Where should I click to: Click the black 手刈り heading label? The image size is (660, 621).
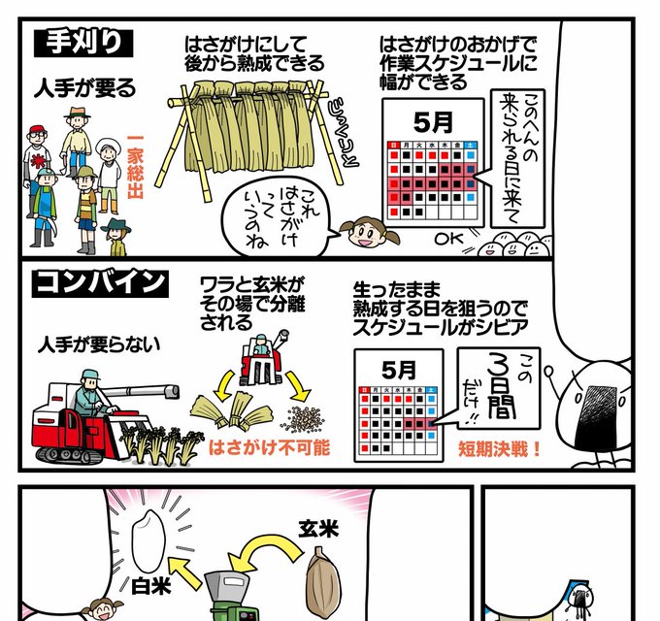pyautogui.click(x=82, y=44)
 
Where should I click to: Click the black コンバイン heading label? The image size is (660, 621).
pyautogui.click(x=100, y=282)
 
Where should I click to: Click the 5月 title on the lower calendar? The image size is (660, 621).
pyautogui.click(x=397, y=370)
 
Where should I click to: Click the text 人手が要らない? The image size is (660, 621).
pyautogui.click(x=100, y=344)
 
